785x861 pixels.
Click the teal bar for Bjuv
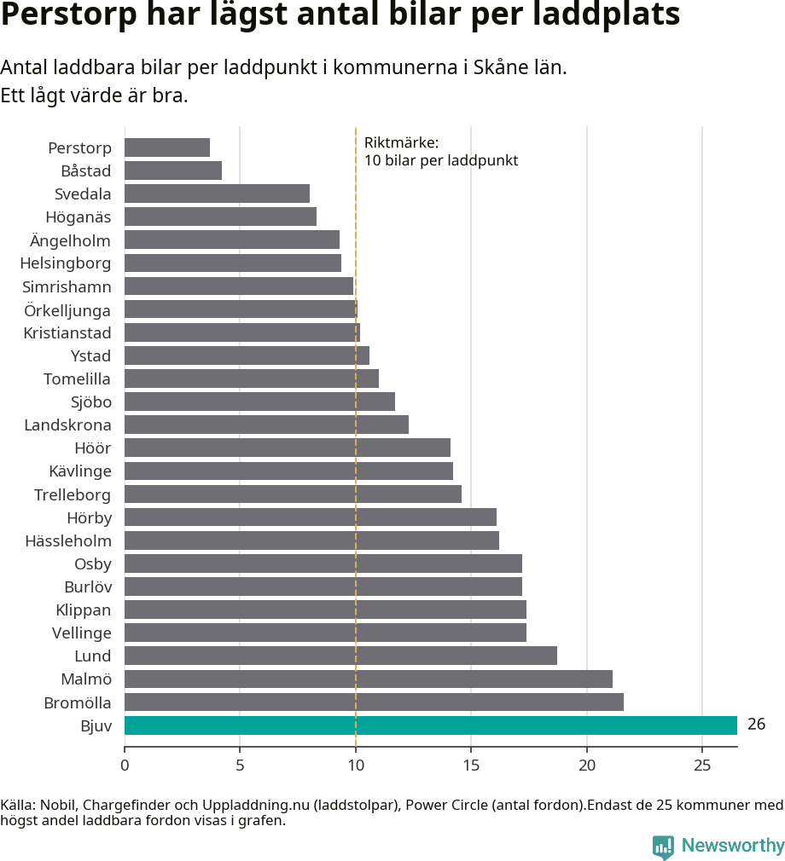(x=430, y=725)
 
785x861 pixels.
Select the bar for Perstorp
(x=167, y=147)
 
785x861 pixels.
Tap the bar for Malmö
(x=368, y=679)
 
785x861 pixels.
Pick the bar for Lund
(x=340, y=656)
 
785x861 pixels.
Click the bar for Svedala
(x=217, y=194)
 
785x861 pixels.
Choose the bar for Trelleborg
(x=293, y=494)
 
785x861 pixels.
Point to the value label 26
(x=756, y=725)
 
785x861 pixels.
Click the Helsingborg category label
(x=66, y=263)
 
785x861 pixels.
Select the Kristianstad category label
(x=67, y=332)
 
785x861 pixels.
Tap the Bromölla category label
(x=78, y=702)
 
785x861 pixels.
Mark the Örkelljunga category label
(x=67, y=309)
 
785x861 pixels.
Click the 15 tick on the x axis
(x=471, y=765)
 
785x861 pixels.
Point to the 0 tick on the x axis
(x=125, y=765)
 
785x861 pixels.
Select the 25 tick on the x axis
(x=701, y=765)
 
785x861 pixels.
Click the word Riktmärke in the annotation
(x=400, y=142)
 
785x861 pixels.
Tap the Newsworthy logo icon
(x=663, y=847)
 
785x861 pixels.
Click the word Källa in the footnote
(x=17, y=805)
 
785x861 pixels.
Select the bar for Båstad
(x=173, y=170)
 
